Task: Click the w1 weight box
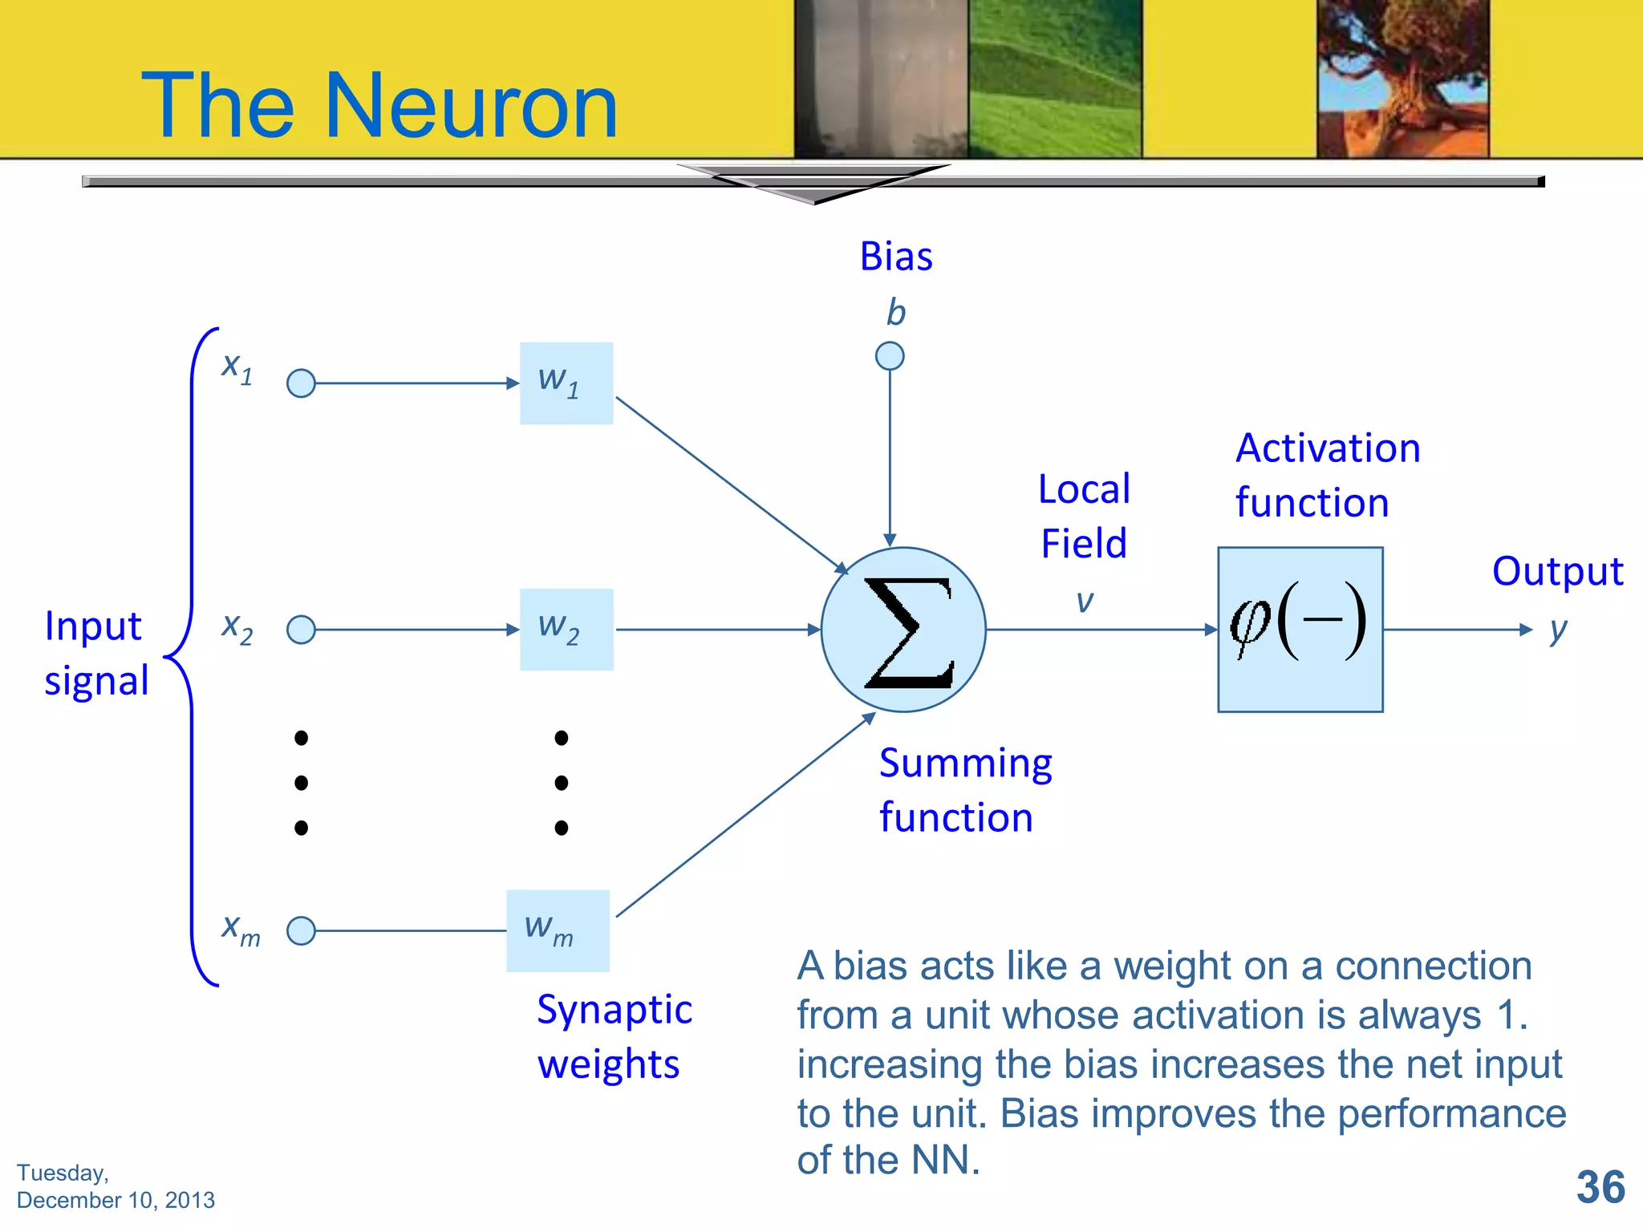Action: (566, 383)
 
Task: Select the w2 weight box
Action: (566, 630)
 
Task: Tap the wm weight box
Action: (558, 930)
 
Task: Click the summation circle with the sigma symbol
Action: (903, 630)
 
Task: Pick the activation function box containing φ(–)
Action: (1300, 630)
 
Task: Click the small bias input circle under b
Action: (890, 355)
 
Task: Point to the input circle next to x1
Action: (301, 383)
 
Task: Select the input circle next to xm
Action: (301, 930)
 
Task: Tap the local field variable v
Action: (1085, 602)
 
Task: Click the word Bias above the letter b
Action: (896, 257)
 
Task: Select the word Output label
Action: (1557, 572)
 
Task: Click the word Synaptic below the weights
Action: (614, 1010)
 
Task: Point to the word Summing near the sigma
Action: (965, 763)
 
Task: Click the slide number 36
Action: (1600, 1187)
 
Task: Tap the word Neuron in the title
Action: (472, 106)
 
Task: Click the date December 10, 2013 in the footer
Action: (116, 1200)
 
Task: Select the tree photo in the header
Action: (1402, 78)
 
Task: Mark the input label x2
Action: (237, 628)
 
